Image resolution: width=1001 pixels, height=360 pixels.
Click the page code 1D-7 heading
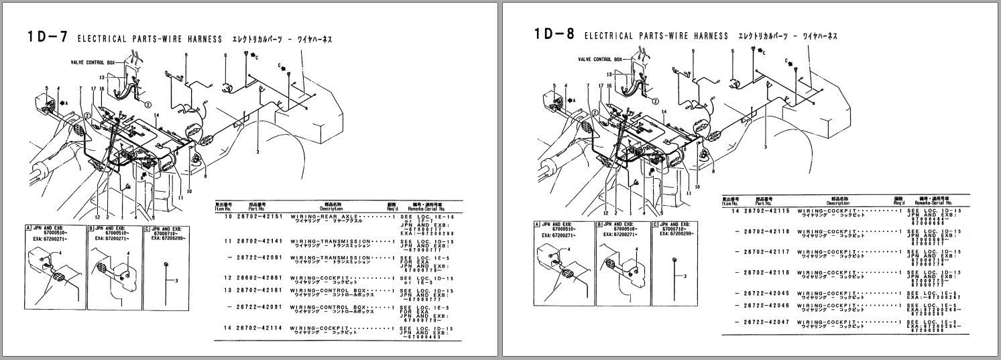(x=47, y=38)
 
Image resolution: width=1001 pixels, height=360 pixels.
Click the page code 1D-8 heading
(x=554, y=35)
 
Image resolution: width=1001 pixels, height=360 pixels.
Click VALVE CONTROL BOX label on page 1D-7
(x=93, y=61)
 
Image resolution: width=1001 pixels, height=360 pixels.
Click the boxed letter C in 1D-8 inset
(x=654, y=225)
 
